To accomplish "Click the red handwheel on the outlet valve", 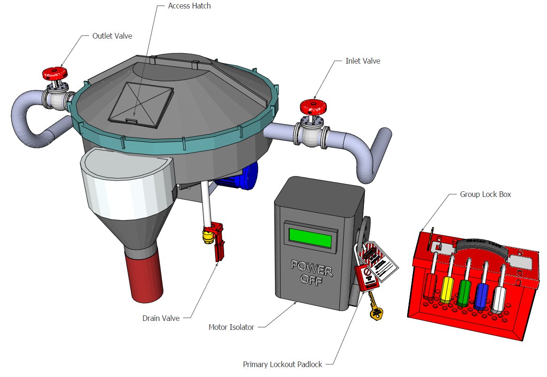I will pyautogui.click(x=55, y=74).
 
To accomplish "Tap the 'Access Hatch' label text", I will pyautogui.click(x=189, y=6).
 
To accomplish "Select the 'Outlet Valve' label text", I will pyautogui.click(x=112, y=36).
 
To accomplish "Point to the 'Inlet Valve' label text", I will pyautogui.click(x=362, y=61).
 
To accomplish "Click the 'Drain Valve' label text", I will pyautogui.click(x=161, y=318).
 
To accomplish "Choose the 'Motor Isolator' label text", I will pyautogui.click(x=231, y=327).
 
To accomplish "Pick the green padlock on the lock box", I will pyautogui.click(x=464, y=293).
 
